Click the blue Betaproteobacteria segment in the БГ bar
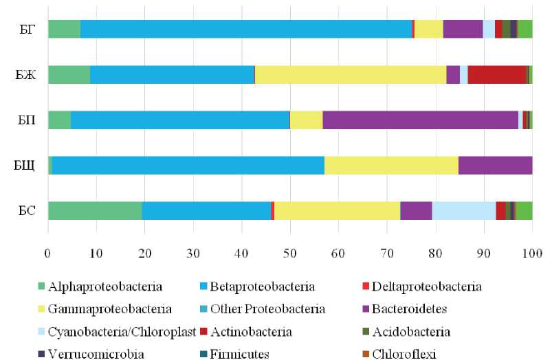[245, 29]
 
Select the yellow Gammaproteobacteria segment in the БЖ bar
[351, 74]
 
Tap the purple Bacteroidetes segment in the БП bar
[420, 120]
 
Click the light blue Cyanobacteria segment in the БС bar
[464, 211]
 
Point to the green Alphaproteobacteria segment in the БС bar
[95, 211]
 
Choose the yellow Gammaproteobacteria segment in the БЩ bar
[391, 166]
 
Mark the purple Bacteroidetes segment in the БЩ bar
[495, 166]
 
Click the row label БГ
[28, 30]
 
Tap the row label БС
[27, 211]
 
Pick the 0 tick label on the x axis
[48, 254]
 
